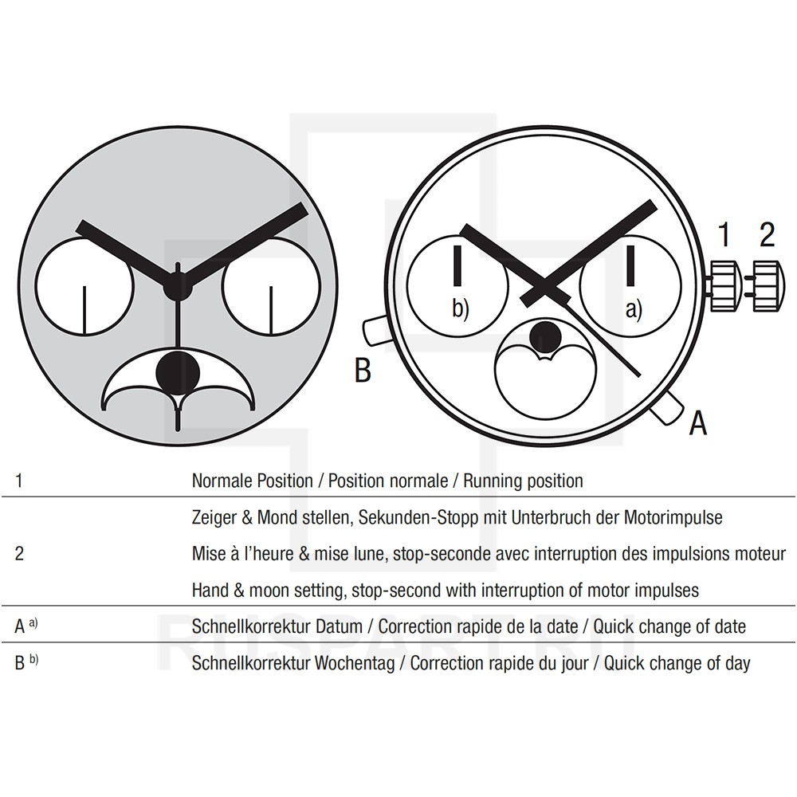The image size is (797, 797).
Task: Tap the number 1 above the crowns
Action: tap(724, 234)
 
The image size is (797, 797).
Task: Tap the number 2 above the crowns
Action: tap(767, 234)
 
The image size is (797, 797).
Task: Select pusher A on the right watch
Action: tap(668, 407)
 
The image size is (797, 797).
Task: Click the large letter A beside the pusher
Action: tap(698, 422)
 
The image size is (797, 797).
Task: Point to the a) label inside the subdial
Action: tap(634, 309)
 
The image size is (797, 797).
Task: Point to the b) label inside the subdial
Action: tap(461, 309)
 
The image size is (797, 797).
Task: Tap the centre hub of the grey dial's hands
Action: tap(178, 286)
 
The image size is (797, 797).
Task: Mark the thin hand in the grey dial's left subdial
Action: tap(85, 310)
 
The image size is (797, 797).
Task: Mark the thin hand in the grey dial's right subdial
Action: tap(271, 310)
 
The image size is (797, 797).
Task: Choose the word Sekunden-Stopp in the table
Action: tap(418, 517)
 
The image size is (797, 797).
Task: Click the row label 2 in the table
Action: tap(19, 554)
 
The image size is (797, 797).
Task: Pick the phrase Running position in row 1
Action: tap(523, 481)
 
